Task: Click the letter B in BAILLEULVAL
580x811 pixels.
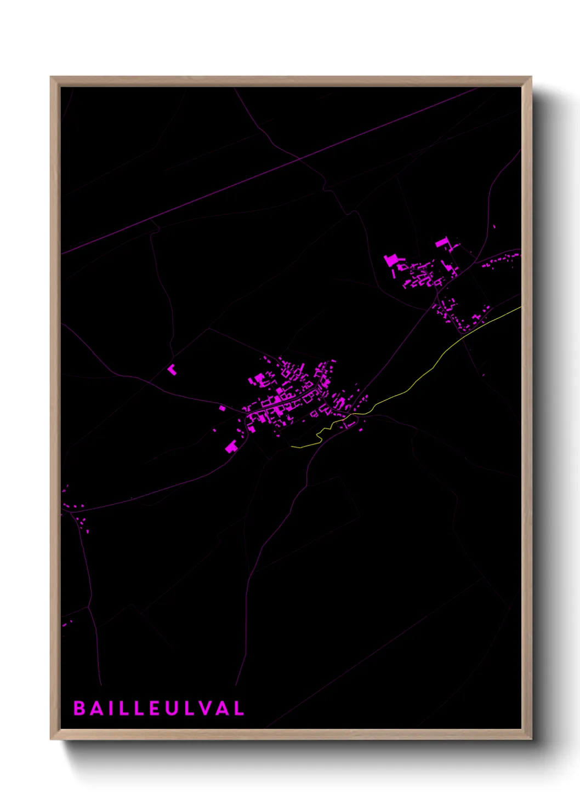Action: tap(79, 708)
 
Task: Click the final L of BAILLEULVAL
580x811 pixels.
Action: tap(238, 708)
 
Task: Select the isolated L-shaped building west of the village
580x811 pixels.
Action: tap(172, 369)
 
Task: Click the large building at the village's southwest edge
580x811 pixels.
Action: tap(231, 447)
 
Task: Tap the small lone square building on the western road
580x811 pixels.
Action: tap(222, 408)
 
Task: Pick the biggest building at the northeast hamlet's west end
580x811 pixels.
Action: tap(391, 260)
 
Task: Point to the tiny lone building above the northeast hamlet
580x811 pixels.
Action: tap(494, 226)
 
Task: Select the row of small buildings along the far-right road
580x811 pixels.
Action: tap(502, 260)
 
